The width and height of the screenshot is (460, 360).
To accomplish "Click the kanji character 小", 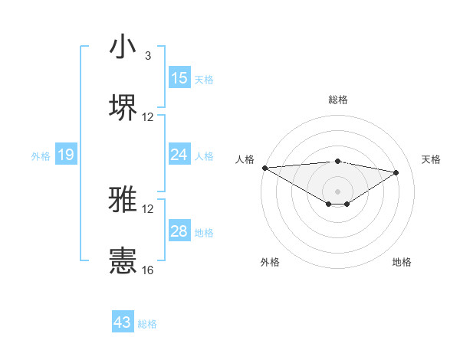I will click(x=123, y=47).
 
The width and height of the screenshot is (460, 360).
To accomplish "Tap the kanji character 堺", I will click(x=123, y=107).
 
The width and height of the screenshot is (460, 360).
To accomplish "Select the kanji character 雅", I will click(x=123, y=201).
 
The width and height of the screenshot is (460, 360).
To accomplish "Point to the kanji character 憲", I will click(x=123, y=260).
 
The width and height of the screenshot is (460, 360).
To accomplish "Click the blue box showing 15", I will click(x=179, y=78).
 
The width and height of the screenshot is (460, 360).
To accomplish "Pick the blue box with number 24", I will click(x=179, y=155).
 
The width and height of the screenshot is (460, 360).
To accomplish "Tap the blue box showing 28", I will click(x=179, y=231).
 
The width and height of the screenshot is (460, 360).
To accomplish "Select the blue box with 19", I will click(x=66, y=155).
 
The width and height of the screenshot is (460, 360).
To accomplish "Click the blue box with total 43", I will click(x=123, y=322).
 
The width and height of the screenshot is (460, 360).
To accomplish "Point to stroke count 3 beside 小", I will click(x=147, y=56).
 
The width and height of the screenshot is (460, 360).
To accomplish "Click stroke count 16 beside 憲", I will click(x=148, y=270).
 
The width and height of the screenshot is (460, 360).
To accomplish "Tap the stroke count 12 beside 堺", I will click(x=148, y=116).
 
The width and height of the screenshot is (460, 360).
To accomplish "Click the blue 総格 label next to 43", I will click(x=147, y=324).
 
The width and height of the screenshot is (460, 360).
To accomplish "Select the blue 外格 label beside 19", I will click(x=41, y=155).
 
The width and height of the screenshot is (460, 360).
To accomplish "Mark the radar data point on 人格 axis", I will click(x=264, y=167).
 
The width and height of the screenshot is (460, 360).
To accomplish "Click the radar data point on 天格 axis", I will click(x=396, y=172).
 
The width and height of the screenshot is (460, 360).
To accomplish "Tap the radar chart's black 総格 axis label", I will click(x=337, y=100).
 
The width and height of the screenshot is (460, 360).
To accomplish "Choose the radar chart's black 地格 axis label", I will click(x=402, y=262).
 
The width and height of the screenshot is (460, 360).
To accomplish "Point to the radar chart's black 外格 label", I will click(x=270, y=262).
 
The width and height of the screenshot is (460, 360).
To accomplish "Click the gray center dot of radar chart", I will click(x=337, y=191).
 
